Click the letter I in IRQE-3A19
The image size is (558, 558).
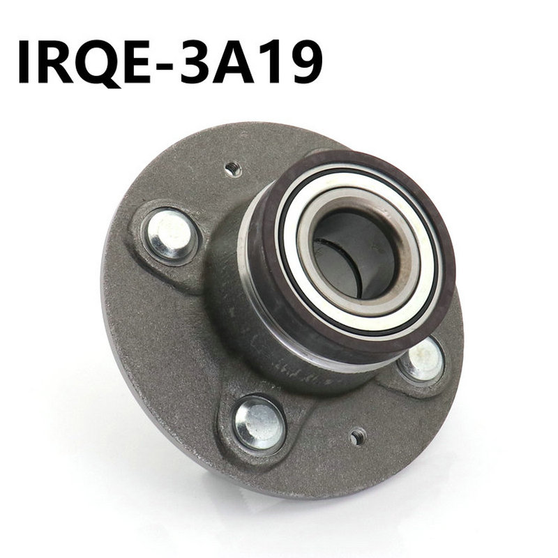pos(24,61)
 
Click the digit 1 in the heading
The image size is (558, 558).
pos(273,61)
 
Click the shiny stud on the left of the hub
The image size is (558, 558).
pos(170,234)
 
